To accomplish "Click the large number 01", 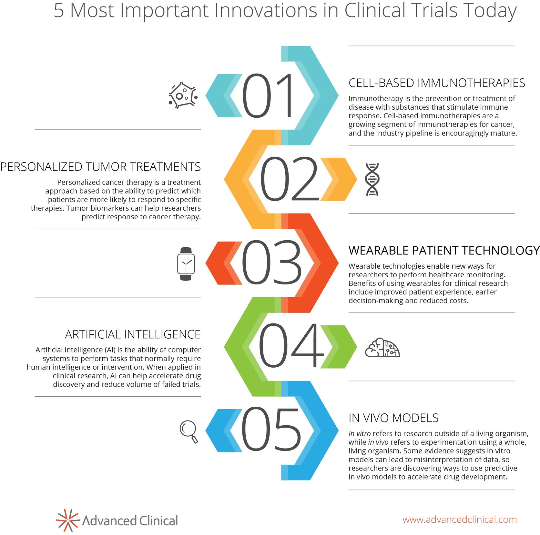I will (267, 96).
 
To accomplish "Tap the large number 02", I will (289, 179).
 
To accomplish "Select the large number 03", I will (271, 263).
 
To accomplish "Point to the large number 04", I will (290, 346).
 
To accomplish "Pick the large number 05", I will (271, 430).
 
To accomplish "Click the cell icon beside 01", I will (183, 95).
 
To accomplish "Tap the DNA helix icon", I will (372, 179).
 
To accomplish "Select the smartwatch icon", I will (186, 264).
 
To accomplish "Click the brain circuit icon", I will (382, 348).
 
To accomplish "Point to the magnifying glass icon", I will (189, 431).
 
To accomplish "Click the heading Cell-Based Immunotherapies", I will (436, 83).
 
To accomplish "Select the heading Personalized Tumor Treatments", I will (100, 167).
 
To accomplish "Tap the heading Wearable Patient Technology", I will (444, 251).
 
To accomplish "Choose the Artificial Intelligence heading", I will (133, 334).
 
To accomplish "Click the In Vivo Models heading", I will (393, 418).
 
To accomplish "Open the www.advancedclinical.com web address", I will (459, 520).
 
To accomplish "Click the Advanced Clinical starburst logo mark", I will (67, 520).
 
